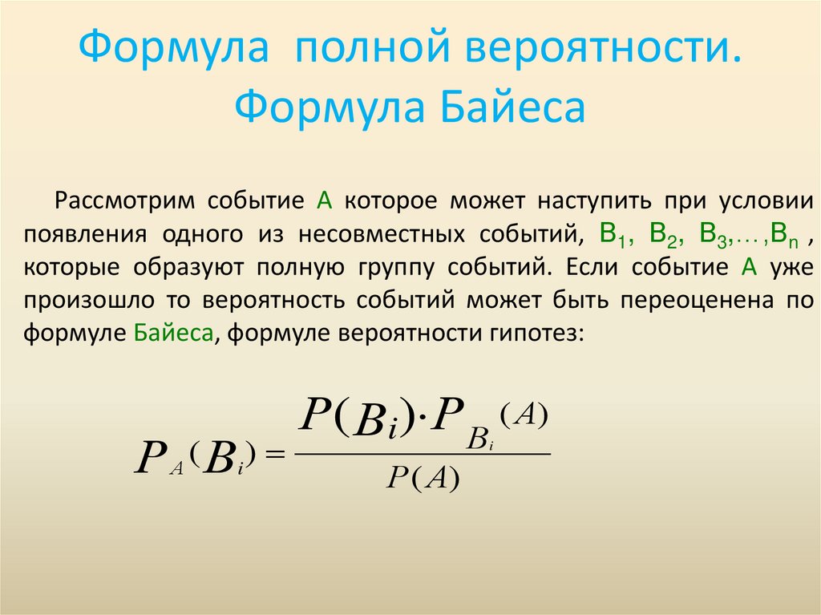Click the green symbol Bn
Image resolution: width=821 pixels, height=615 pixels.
tap(785, 234)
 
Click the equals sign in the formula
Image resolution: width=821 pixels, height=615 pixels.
tap(274, 455)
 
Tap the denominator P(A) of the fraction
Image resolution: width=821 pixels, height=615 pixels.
tap(423, 479)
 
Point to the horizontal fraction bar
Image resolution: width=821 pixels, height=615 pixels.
tap(423, 454)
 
